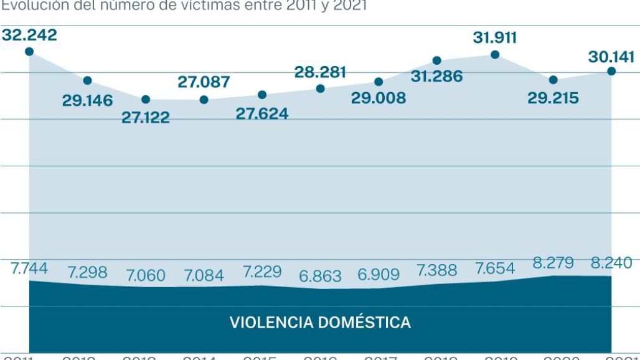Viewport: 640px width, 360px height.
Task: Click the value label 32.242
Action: click(29, 36)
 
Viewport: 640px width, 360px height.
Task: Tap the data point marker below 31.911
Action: click(495, 55)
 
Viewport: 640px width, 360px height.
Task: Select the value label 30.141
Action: click(611, 57)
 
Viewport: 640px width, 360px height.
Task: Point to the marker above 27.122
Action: click(146, 100)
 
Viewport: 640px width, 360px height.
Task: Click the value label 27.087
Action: click(204, 82)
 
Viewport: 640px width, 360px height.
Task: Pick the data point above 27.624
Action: click(262, 95)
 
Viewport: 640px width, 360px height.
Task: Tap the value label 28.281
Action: click(320, 72)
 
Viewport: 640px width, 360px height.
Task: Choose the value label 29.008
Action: click(379, 98)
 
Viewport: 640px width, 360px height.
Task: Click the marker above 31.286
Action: click(437, 60)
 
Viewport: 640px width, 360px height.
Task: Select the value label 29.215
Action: click(553, 98)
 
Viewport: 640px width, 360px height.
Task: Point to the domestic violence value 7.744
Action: click(29, 269)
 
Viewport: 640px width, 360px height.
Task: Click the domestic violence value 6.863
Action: click(320, 277)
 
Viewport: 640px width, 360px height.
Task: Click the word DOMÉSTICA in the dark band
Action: click(364, 323)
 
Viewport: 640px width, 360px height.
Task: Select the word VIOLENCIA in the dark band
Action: click(271, 323)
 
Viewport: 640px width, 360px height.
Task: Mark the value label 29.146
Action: click(87, 101)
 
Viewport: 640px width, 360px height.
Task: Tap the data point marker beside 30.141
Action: click(611, 71)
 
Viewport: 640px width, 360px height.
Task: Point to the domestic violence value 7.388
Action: click(436, 270)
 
